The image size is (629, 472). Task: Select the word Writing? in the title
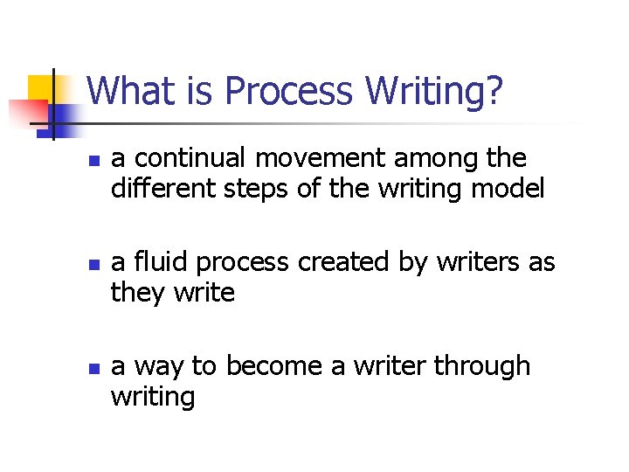tap(434, 91)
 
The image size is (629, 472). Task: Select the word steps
tap(254, 189)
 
